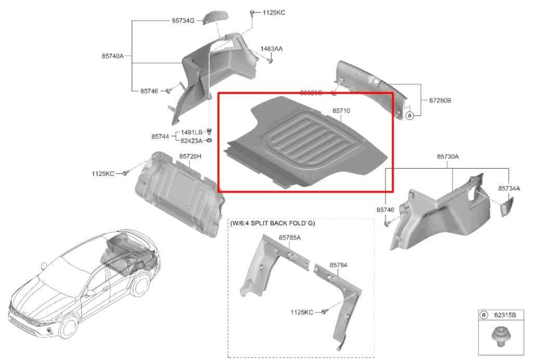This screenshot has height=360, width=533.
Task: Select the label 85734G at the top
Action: (183, 21)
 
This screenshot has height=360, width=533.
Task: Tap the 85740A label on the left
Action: (112, 56)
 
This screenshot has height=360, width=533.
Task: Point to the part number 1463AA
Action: (272, 48)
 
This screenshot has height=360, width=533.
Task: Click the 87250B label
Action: (440, 100)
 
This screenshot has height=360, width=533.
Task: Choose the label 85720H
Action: (190, 156)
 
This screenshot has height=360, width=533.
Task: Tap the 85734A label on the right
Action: (509, 188)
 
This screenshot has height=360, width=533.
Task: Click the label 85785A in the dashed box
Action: (290, 238)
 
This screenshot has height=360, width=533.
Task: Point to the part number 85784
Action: (338, 265)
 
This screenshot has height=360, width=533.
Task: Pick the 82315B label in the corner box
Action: (504, 315)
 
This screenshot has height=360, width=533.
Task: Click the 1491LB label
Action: (192, 132)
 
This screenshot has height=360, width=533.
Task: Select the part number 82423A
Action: (192, 140)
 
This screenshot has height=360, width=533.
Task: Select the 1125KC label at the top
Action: (274, 12)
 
